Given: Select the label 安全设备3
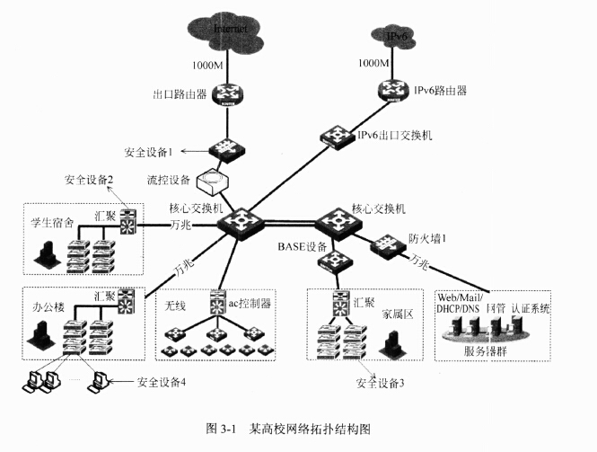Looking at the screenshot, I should point(380,384).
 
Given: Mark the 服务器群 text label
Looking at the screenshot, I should point(486,350).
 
